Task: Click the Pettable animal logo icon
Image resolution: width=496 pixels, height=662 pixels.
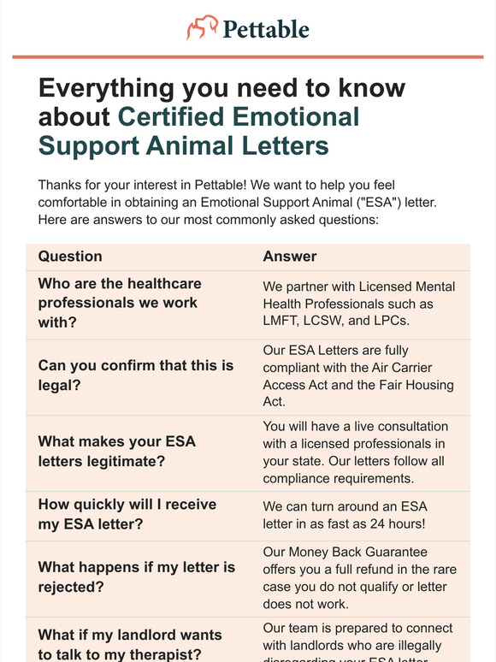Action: [x=201, y=28]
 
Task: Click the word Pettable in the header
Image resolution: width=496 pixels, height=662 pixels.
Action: [x=266, y=29]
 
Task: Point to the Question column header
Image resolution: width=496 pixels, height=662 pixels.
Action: [x=70, y=256]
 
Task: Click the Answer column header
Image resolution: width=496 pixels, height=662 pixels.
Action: [x=290, y=256]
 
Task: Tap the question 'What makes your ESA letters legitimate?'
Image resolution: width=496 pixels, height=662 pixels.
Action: [x=117, y=452]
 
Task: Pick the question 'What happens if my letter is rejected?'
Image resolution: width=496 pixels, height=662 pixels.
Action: [x=136, y=578]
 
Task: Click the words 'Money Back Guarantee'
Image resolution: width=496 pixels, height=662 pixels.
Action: [x=345, y=553]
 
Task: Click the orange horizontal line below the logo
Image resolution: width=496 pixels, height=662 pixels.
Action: [x=248, y=56]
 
